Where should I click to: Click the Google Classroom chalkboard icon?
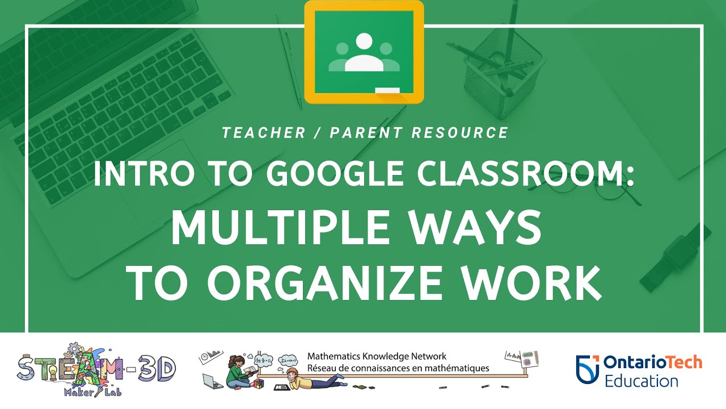(364, 52)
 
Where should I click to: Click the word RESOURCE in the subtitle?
(459, 133)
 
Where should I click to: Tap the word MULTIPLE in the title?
(278, 227)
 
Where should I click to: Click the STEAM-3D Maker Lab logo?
(96, 370)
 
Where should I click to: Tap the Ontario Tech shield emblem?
(587, 369)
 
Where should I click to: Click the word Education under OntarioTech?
(641, 381)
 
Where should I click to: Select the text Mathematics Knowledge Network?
(377, 357)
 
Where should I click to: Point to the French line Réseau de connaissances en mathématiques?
(398, 368)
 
